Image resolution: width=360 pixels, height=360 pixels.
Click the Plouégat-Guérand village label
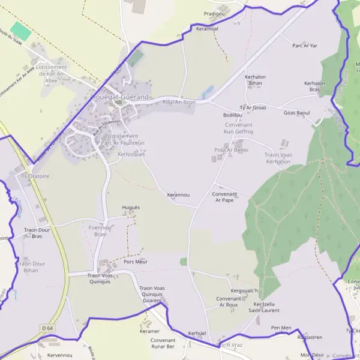point(119,97)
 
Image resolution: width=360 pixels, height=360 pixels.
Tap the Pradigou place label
point(214,13)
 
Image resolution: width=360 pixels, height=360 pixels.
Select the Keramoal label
point(207,28)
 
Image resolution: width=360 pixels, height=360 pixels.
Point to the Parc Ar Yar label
point(304,46)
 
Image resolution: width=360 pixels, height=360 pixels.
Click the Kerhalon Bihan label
point(255,80)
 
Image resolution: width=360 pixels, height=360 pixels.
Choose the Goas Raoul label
point(296,112)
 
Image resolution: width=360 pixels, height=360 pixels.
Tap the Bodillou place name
point(232,115)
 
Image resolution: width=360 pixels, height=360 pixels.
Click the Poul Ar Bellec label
point(231,149)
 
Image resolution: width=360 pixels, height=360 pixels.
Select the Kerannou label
point(178,195)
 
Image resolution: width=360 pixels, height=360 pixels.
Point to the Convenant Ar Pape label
point(224,197)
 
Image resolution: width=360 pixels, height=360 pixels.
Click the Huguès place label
point(131,207)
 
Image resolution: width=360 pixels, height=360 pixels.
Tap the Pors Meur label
point(135,262)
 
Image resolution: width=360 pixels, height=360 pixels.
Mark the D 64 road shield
point(48,328)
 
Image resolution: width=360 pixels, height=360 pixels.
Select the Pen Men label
point(281,328)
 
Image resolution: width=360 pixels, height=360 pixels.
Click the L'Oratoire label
point(37,176)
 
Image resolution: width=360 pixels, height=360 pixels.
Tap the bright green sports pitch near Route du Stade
point(20,31)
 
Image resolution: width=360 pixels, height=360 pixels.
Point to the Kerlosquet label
point(131,154)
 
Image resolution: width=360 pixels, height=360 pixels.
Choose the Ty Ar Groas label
point(253,107)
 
